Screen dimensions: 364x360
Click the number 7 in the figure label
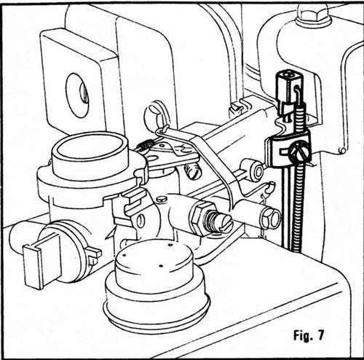click(320, 335)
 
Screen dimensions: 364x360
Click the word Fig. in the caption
click(302, 335)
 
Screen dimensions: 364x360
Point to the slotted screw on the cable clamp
click(300, 152)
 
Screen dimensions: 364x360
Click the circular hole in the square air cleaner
click(77, 95)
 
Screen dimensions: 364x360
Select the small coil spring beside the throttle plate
click(145, 145)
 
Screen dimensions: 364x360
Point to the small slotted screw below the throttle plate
click(193, 171)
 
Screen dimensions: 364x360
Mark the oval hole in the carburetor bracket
click(141, 221)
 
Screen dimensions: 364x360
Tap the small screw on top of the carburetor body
click(161, 200)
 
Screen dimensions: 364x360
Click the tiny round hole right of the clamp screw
click(343, 151)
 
